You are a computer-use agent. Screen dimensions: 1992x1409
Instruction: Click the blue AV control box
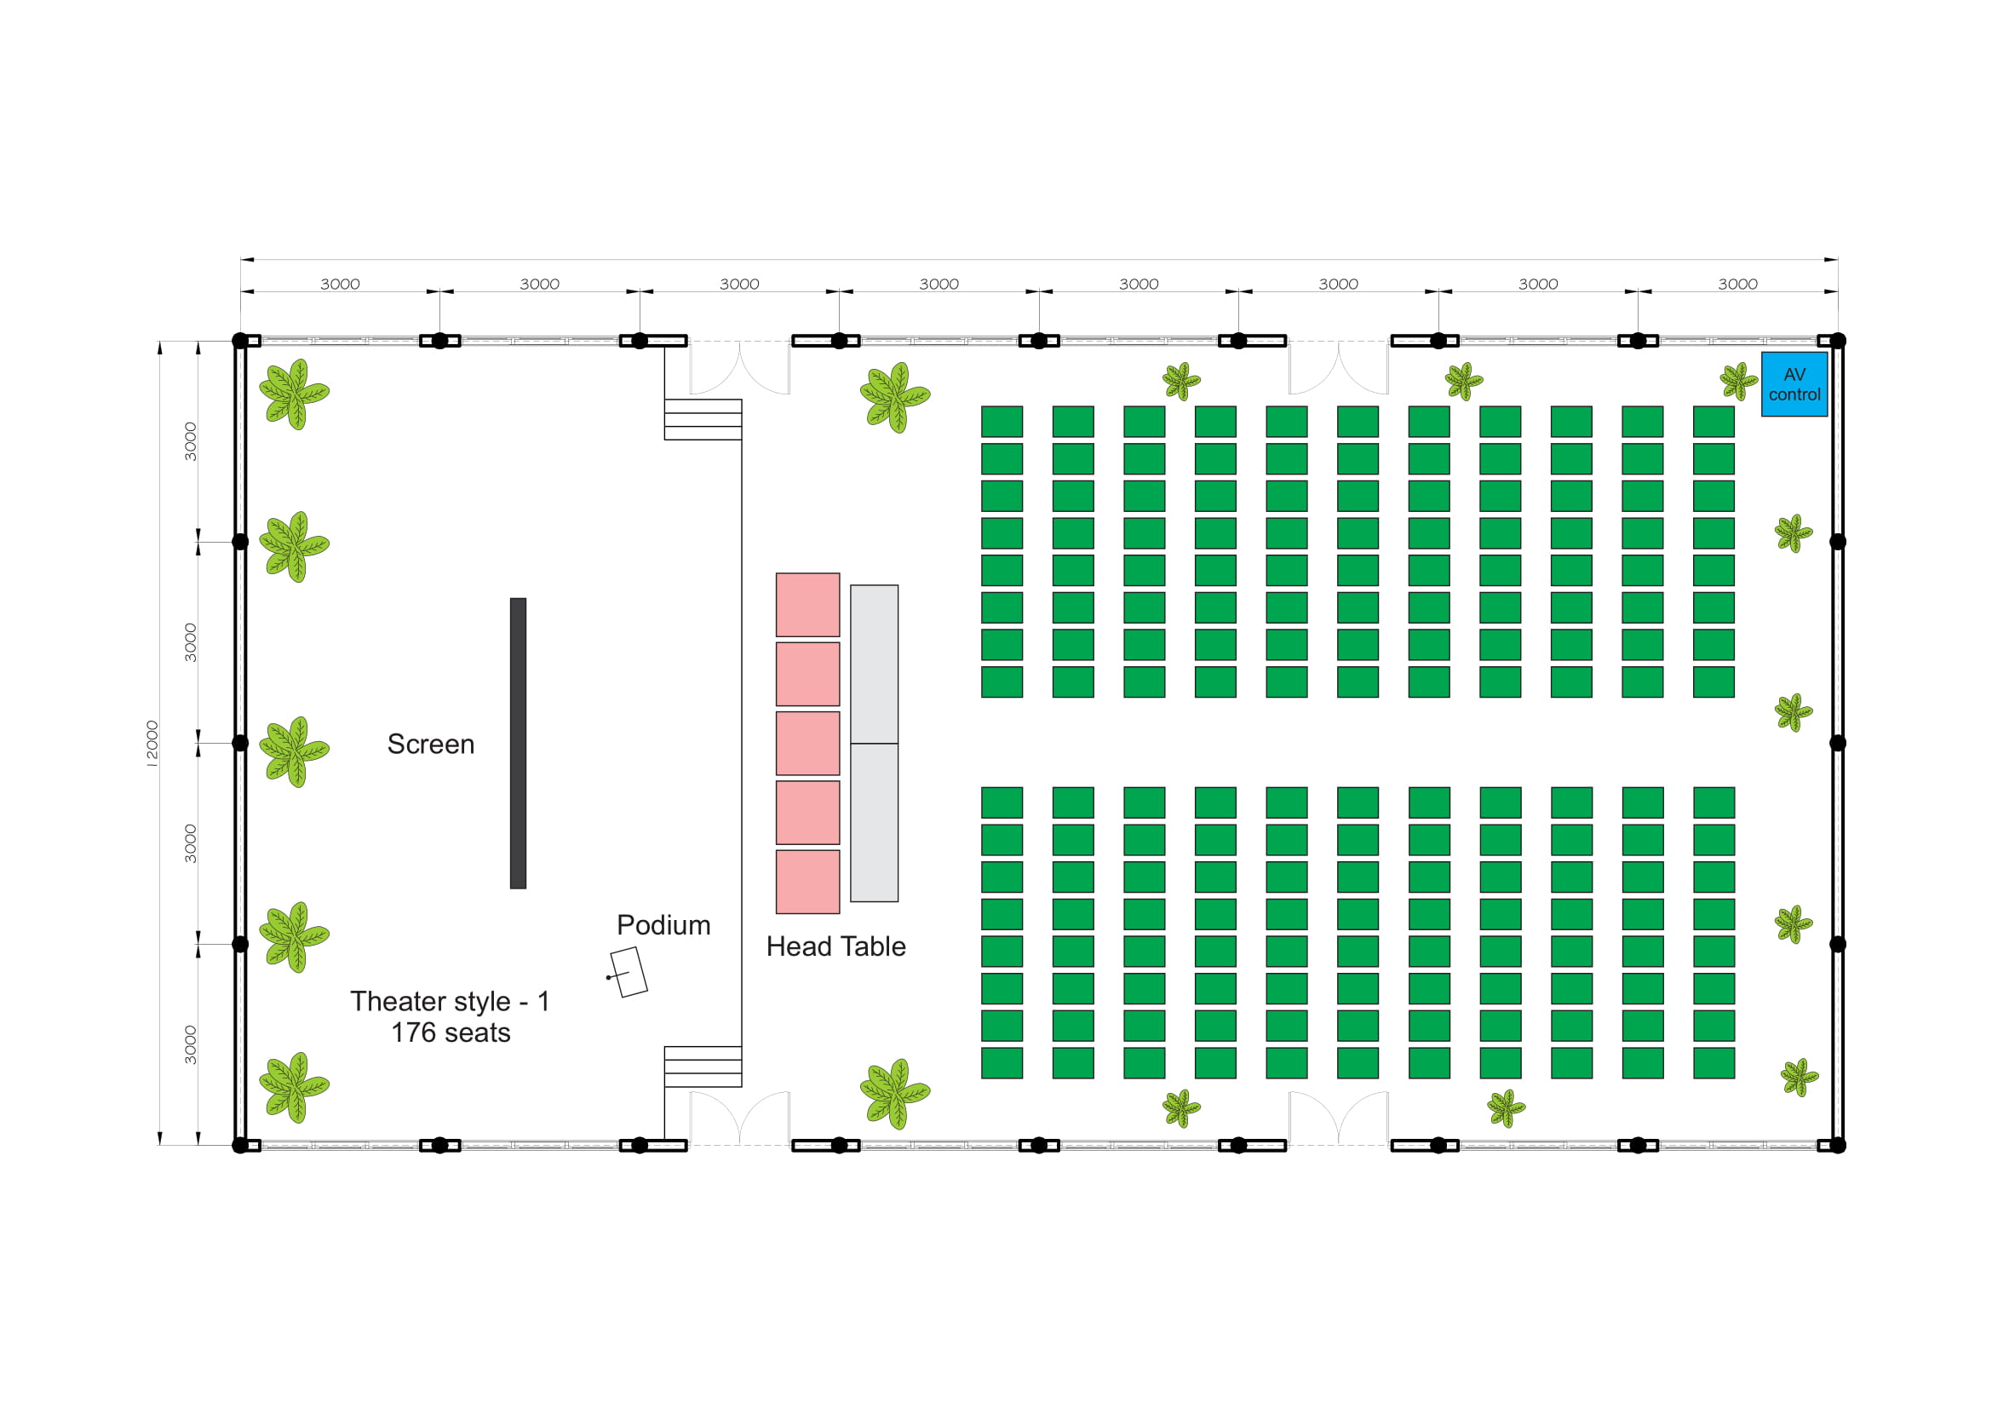tap(1794, 384)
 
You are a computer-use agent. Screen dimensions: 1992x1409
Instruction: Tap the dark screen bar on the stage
tap(518, 744)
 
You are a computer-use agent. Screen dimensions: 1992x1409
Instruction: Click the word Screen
tap(431, 745)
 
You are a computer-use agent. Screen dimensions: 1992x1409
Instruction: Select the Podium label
tap(663, 925)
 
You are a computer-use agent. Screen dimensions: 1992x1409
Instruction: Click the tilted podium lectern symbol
tap(629, 972)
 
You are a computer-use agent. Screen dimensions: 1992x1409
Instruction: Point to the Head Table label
tap(836, 946)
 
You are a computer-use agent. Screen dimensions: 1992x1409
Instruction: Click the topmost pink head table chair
tap(807, 605)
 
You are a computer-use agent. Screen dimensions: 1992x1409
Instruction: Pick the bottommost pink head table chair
tap(807, 883)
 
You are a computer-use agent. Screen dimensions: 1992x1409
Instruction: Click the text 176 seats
tap(451, 1033)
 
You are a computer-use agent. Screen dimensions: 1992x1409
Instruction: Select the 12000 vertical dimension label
tap(152, 745)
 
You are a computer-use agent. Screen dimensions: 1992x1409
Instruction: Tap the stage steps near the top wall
tap(703, 420)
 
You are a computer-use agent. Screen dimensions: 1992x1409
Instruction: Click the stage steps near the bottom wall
tap(703, 1067)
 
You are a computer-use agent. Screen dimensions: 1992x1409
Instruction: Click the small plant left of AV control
tap(1739, 382)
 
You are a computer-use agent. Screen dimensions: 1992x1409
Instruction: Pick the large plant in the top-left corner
tap(294, 394)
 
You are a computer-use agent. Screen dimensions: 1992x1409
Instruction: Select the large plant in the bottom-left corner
tap(294, 1088)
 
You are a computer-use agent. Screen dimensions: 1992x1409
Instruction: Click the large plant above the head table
tap(895, 397)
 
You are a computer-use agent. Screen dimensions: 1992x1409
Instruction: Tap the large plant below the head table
tap(895, 1094)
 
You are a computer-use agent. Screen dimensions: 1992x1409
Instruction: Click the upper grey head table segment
tap(875, 664)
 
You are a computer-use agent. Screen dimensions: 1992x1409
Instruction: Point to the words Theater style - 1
tap(451, 1002)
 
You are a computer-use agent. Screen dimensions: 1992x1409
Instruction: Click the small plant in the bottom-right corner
tap(1800, 1078)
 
